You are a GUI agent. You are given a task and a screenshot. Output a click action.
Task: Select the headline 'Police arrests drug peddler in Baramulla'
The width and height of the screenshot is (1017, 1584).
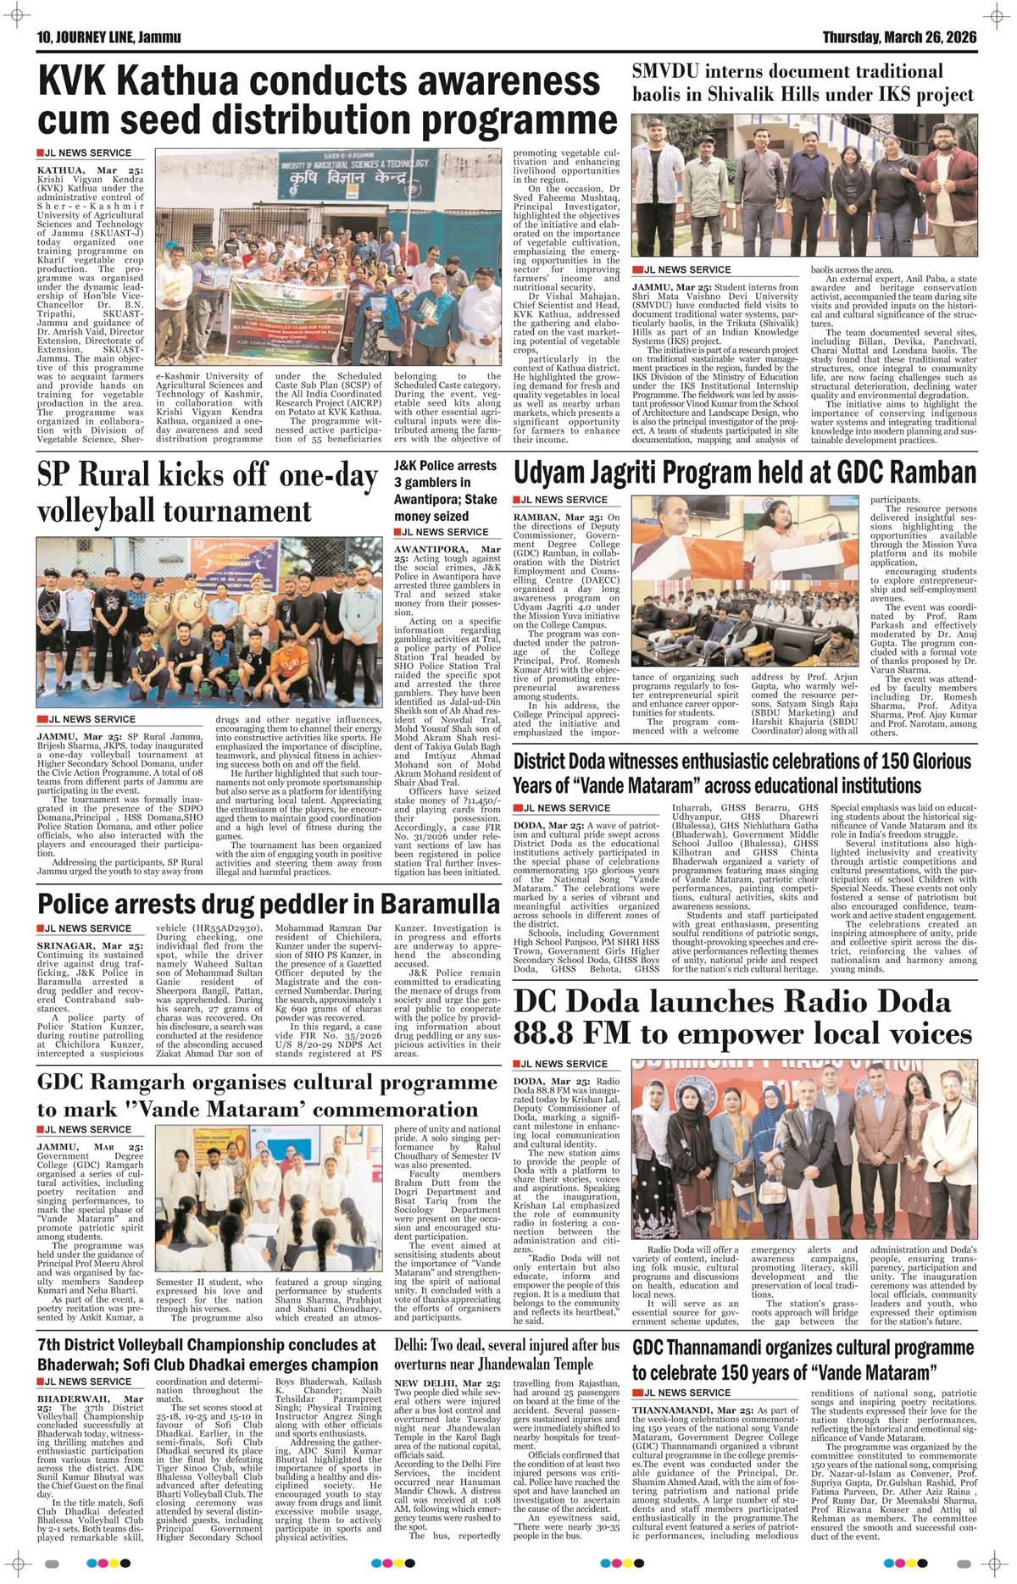tap(269, 900)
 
